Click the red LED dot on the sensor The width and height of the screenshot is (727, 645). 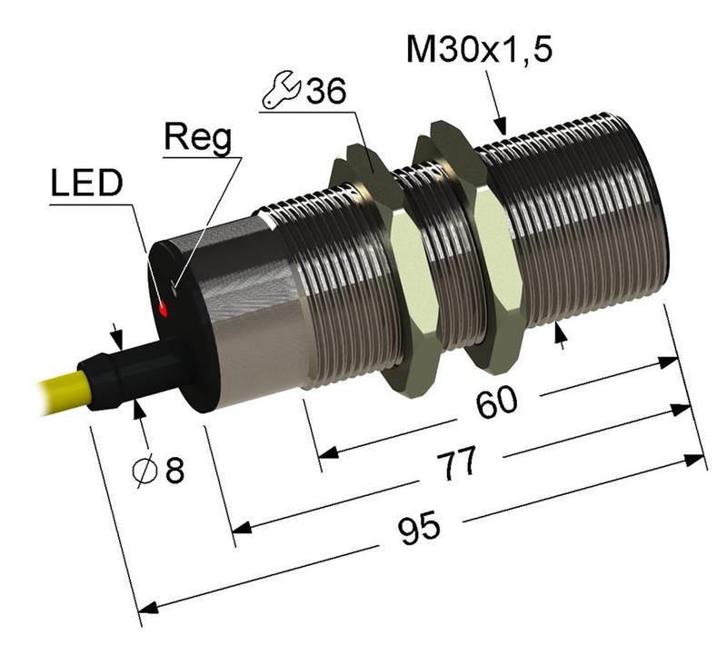tap(164, 310)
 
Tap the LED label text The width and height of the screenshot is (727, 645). tap(85, 184)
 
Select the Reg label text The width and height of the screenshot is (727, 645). tap(197, 138)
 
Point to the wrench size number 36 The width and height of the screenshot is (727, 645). tap(326, 93)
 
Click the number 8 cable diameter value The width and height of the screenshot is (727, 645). tap(174, 471)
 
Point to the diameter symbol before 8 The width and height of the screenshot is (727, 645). tap(144, 471)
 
